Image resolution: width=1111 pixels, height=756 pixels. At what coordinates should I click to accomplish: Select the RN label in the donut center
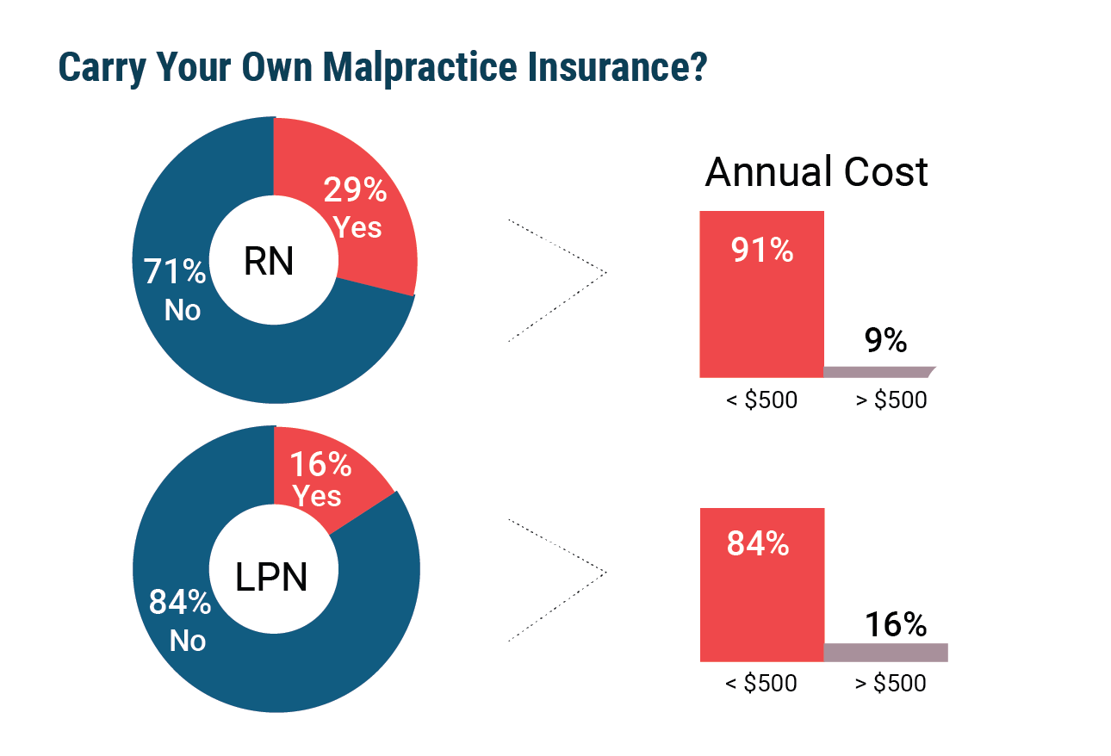point(269,262)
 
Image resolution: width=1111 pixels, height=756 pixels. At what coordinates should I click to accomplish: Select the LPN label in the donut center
point(271,576)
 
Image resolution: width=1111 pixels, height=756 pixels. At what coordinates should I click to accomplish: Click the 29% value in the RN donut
point(355,189)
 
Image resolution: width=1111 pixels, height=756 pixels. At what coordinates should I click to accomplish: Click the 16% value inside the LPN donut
point(320,465)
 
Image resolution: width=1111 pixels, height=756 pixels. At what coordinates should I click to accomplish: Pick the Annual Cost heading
point(816,172)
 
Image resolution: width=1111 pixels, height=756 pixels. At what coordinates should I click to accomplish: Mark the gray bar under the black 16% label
point(885,653)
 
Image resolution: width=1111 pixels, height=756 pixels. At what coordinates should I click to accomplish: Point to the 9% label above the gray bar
point(885,341)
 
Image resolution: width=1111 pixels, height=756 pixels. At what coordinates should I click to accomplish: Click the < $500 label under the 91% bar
point(761,400)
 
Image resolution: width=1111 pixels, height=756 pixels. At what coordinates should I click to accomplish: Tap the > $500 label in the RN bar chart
point(891,400)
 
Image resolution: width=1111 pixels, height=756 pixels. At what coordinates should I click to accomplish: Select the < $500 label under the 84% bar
point(761,684)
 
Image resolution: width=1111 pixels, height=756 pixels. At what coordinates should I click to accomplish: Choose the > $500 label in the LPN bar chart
point(891,684)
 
